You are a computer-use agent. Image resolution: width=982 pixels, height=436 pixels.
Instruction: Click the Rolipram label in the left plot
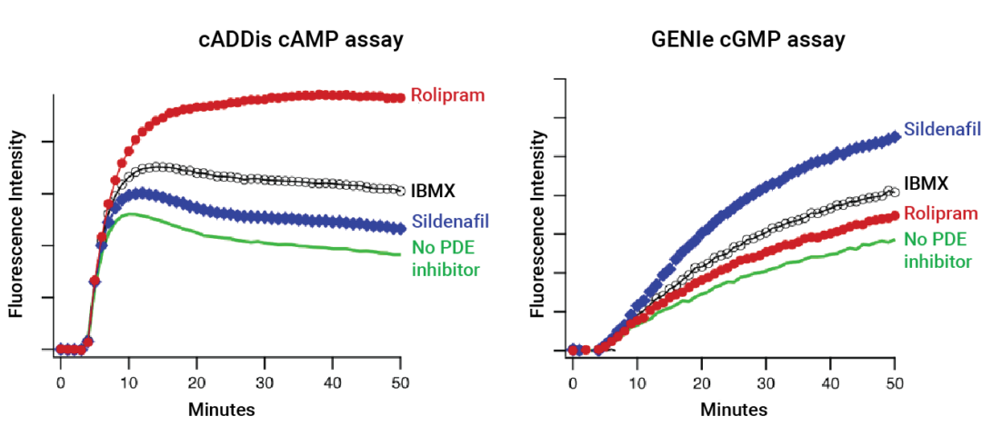[x=446, y=94]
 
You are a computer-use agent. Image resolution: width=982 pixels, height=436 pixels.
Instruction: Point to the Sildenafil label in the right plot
[x=941, y=130]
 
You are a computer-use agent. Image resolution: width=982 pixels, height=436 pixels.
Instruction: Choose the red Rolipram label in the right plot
[x=941, y=213]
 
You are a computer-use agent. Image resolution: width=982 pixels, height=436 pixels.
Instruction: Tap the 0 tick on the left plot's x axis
[x=60, y=382]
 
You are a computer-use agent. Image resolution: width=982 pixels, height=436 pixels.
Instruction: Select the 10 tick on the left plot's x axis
[x=128, y=382]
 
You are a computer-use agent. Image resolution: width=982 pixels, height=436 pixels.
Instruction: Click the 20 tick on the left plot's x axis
[x=196, y=382]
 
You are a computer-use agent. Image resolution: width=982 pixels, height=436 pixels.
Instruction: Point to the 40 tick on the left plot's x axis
[x=333, y=382]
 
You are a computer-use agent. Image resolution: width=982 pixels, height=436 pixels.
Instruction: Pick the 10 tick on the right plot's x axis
[x=637, y=383]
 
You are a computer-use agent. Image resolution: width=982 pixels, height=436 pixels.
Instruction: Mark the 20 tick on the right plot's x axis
[x=702, y=383]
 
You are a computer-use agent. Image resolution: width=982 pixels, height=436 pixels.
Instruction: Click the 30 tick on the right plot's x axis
[x=767, y=383]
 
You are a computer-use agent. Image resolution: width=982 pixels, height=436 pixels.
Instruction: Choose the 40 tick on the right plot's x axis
[x=831, y=383]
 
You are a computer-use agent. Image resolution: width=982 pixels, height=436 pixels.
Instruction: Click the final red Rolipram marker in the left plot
[x=400, y=97]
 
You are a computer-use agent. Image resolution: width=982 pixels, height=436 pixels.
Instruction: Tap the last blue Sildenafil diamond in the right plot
[x=896, y=134]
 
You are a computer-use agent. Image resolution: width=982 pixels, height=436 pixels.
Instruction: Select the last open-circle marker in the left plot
[x=400, y=191]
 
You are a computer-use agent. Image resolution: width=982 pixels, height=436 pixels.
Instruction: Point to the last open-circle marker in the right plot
[x=895, y=191]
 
